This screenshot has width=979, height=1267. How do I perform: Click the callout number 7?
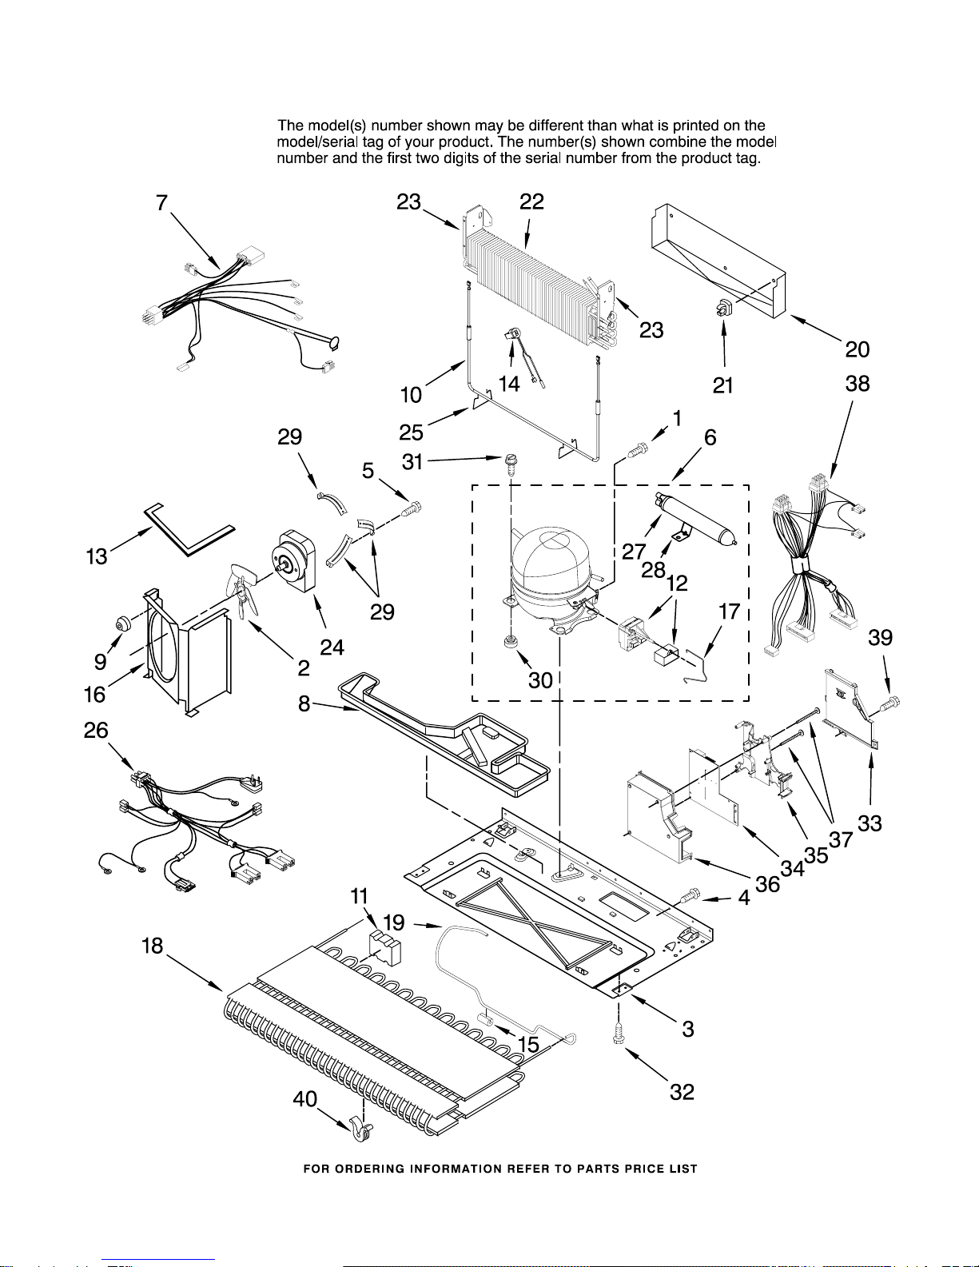[x=162, y=203]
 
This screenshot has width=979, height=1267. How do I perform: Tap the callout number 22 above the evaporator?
[x=531, y=202]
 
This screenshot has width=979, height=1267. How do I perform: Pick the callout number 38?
[x=857, y=384]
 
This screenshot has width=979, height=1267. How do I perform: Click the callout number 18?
[x=152, y=946]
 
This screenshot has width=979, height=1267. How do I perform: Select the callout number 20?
[x=857, y=349]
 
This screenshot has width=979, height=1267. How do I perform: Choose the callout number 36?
[x=767, y=883]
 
